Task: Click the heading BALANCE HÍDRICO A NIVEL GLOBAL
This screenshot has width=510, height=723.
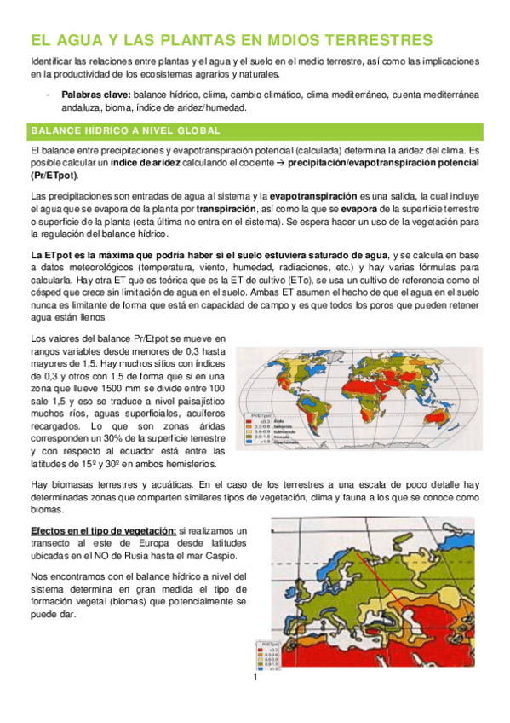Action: point(125,130)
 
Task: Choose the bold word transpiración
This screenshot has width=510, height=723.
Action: point(226,208)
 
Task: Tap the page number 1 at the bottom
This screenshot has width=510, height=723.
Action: point(255,680)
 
